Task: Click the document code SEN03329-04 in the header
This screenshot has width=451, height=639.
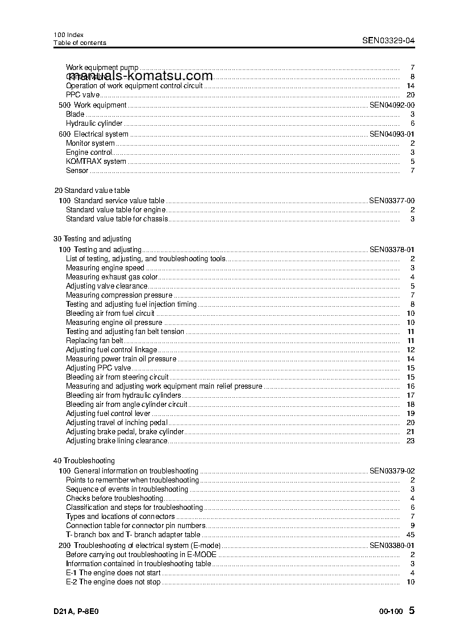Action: (388, 40)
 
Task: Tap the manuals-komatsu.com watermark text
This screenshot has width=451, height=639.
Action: (140, 76)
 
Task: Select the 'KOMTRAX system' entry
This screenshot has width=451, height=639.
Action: (96, 162)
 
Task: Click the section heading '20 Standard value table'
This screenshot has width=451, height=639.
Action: (92, 191)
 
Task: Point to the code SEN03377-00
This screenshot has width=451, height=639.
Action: (392, 201)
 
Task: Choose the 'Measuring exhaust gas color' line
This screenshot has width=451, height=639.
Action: (111, 277)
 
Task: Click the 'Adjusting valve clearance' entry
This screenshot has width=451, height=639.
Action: (106, 286)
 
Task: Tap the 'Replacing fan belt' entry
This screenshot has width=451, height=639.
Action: (94, 341)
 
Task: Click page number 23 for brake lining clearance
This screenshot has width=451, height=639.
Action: (411, 441)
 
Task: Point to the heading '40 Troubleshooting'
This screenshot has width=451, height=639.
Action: (84, 461)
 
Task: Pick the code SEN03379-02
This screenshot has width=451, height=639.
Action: (392, 471)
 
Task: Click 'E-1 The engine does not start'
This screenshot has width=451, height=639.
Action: (113, 573)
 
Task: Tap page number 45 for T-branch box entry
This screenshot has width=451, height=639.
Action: (411, 535)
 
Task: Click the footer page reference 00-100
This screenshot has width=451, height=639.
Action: (391, 612)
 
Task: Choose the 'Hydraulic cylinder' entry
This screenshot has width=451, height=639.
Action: (94, 123)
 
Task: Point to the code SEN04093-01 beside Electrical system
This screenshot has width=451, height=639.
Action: (392, 134)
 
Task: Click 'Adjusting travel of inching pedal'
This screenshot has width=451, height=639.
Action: (117, 423)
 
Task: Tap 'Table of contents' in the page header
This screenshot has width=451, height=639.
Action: (80, 43)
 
